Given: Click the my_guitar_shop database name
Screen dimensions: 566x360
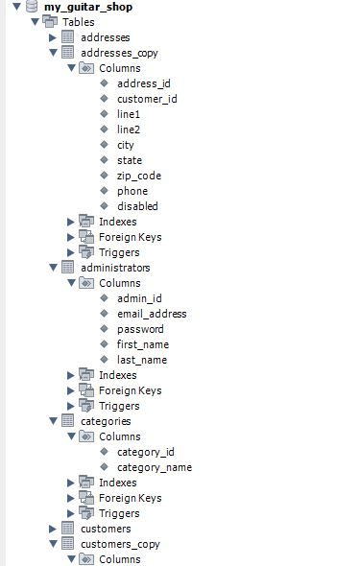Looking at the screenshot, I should coord(88,7).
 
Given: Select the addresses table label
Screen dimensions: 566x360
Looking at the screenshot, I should coord(105,37).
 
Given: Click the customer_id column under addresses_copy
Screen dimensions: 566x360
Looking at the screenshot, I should coord(147,99).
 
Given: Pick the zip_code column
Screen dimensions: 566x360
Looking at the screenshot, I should coord(139,176).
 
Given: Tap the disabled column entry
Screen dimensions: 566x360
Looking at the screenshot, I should coord(137,206).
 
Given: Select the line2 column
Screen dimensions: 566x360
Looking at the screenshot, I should coord(130,130).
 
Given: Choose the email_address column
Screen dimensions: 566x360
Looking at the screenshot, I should coord(152,314).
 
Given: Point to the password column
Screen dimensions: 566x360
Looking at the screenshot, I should coord(140,329).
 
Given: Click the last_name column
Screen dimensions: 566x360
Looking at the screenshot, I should coord(142,360).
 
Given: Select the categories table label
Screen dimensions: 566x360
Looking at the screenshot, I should coord(106,421).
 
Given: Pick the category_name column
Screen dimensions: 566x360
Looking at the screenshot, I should coord(155,467).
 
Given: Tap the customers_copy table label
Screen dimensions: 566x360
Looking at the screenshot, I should coord(120,544).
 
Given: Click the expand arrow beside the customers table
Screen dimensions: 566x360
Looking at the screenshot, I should coord(53,529).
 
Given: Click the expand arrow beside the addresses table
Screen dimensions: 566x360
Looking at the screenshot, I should coord(53,37).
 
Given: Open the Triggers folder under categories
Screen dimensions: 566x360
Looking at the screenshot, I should coord(118,513).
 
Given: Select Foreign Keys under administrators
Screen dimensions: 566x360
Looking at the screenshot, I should coord(130,390).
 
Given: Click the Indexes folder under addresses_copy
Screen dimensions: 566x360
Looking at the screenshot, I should coord(117,222).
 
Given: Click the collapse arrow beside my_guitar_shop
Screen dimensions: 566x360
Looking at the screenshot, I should coord(16,7).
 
